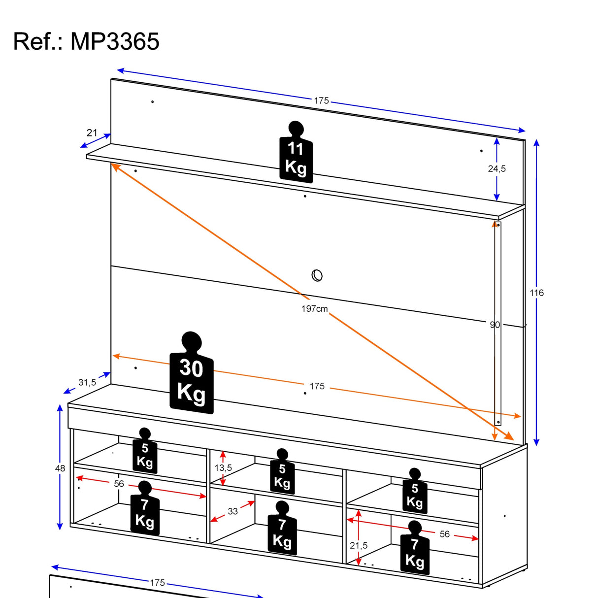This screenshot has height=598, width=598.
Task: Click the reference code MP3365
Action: [115, 41]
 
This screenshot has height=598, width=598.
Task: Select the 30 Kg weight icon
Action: [191, 375]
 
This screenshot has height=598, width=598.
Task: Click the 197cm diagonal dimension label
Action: [315, 309]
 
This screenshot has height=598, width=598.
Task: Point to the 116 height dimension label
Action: [536, 293]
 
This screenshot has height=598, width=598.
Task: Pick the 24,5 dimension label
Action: [497, 169]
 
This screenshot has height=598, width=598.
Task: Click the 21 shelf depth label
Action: [92, 133]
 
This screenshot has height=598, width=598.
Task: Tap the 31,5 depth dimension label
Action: [87, 382]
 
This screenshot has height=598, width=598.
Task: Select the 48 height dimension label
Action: [60, 468]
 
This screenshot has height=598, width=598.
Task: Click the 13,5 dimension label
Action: [223, 468]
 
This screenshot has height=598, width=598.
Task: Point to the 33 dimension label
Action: [233, 511]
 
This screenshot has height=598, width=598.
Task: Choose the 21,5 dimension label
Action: [359, 545]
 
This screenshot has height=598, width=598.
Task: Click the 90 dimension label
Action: [495, 325]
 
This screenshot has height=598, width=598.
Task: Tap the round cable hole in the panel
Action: [317, 275]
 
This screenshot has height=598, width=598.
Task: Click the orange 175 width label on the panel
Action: [317, 386]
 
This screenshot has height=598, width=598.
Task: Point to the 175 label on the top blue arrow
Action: [321, 100]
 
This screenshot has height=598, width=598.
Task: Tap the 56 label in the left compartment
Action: [119, 484]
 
